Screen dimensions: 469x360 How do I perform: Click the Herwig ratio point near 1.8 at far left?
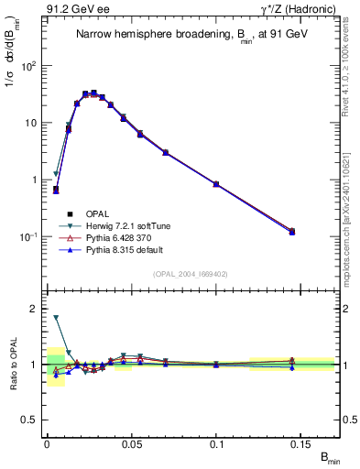pos(56,318)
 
